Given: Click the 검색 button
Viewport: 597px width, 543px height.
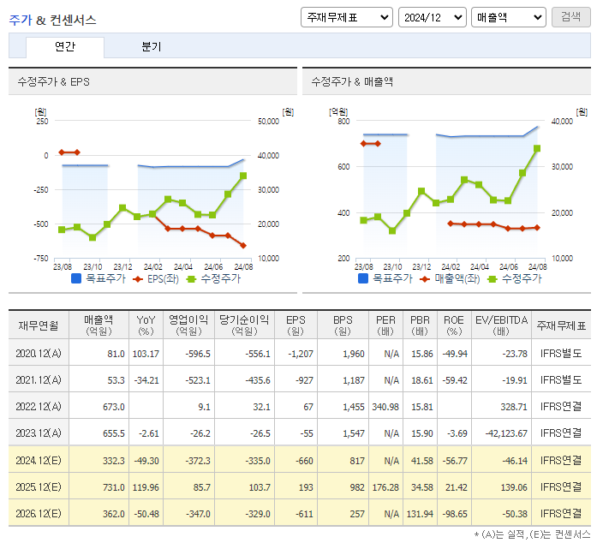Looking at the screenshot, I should point(570,17).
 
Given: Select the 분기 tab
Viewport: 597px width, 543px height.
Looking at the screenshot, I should point(151,47).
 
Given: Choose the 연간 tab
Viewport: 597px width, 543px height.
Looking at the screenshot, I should point(65,47).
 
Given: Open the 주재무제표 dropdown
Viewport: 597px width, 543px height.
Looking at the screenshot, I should point(346,17).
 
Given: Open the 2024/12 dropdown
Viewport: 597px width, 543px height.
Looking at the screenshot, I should point(432,17).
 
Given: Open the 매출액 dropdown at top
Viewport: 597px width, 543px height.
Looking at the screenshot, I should point(508,17).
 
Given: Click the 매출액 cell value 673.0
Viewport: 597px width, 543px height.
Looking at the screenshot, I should point(111,407).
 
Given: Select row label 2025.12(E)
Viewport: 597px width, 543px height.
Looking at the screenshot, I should point(39,486).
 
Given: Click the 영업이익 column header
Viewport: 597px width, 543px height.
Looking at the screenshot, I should point(188,325).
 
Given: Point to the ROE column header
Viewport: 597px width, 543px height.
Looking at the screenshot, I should point(453,325).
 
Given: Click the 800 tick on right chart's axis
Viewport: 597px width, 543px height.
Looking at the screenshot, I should point(343,122).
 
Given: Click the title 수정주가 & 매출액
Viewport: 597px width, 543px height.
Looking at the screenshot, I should point(352,81).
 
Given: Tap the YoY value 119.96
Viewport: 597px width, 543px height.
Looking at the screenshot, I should point(143,486).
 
